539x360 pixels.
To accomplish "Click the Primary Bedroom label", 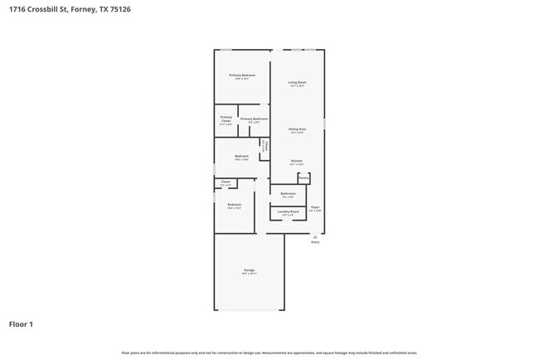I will pos(242,75).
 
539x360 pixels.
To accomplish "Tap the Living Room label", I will pos(297,83).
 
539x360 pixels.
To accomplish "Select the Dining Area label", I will pos(297,129).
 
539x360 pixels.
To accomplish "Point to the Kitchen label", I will pos(296,161).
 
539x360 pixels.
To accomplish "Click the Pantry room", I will pos(303,178).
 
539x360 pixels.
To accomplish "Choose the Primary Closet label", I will pos(226,119).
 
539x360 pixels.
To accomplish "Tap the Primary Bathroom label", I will pos(254,119).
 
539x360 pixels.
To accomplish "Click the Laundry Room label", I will pos(288,212).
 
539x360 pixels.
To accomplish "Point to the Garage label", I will pos(249,270).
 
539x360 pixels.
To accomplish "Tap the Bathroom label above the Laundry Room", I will pos(288,194).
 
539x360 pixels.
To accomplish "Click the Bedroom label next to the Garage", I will pos(234,205).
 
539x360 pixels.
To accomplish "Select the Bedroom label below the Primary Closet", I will pos(241,157).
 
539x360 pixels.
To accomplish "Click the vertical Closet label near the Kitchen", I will pos(265,146).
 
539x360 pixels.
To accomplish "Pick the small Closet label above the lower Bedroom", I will pos(225,182).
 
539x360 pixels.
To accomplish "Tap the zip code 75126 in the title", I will pos(119,9).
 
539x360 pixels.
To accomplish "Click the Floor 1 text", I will pos(22,324).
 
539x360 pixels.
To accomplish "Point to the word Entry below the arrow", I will pos(315,242).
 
